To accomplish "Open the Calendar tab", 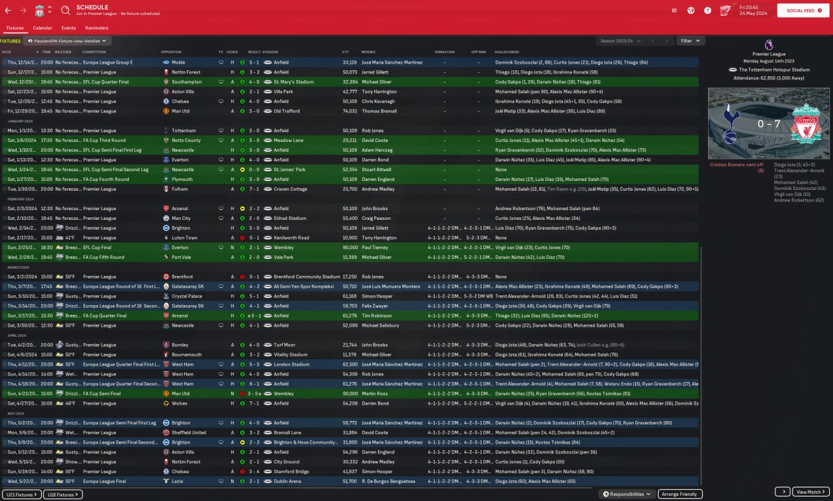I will (42, 28).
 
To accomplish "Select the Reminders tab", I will (96, 28).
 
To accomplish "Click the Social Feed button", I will (803, 10).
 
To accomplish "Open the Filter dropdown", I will (690, 40).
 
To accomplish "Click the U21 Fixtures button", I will (22, 494).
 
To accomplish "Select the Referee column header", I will (368, 52).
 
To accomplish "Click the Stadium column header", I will (270, 52).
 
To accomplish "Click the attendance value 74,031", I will (350, 111).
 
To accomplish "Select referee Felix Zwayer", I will (375, 306).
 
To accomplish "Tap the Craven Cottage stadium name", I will (288, 189).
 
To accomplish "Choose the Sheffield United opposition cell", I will (189, 433).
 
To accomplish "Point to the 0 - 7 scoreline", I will (769, 123).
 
